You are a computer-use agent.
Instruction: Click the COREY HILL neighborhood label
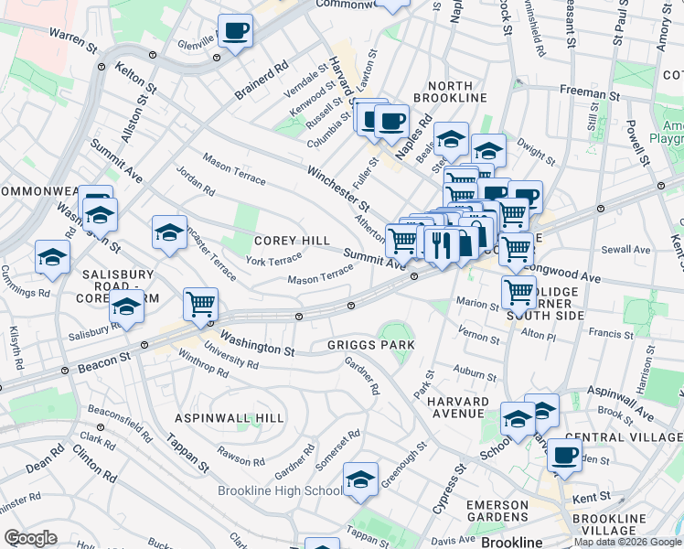pyautogui.click(x=292, y=240)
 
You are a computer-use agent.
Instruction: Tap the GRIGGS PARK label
pyautogui.click(x=371, y=345)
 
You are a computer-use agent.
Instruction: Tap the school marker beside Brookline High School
pyautogui.click(x=360, y=480)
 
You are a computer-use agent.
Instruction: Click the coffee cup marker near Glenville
pyautogui.click(x=236, y=32)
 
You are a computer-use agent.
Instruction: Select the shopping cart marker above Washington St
pyautogui.click(x=200, y=303)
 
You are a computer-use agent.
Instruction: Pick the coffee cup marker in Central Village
pyautogui.click(x=565, y=455)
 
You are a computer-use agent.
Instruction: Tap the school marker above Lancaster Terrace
pyautogui.click(x=169, y=233)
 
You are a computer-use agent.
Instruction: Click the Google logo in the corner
pyautogui.click(x=31, y=538)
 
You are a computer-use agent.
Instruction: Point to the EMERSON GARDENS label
pyautogui.click(x=497, y=511)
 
